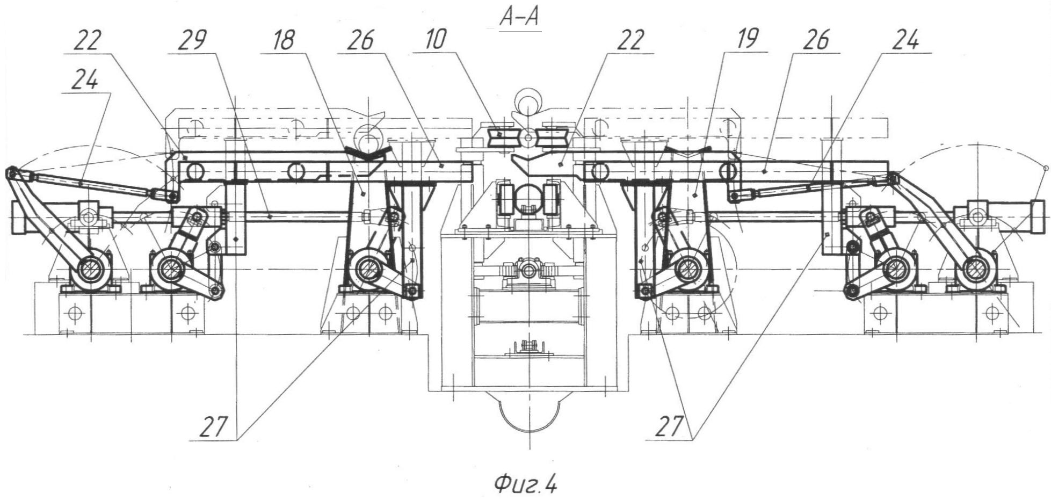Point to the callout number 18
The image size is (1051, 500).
pyautogui.click(x=284, y=41)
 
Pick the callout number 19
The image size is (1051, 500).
pyautogui.click(x=747, y=40)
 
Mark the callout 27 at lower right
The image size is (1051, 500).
pyautogui.click(x=670, y=427)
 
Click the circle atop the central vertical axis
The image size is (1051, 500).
pyautogui.click(x=528, y=100)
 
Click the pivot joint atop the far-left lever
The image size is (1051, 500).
pyautogui.click(x=11, y=173)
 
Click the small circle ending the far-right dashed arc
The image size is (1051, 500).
pyautogui.click(x=1045, y=168)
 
